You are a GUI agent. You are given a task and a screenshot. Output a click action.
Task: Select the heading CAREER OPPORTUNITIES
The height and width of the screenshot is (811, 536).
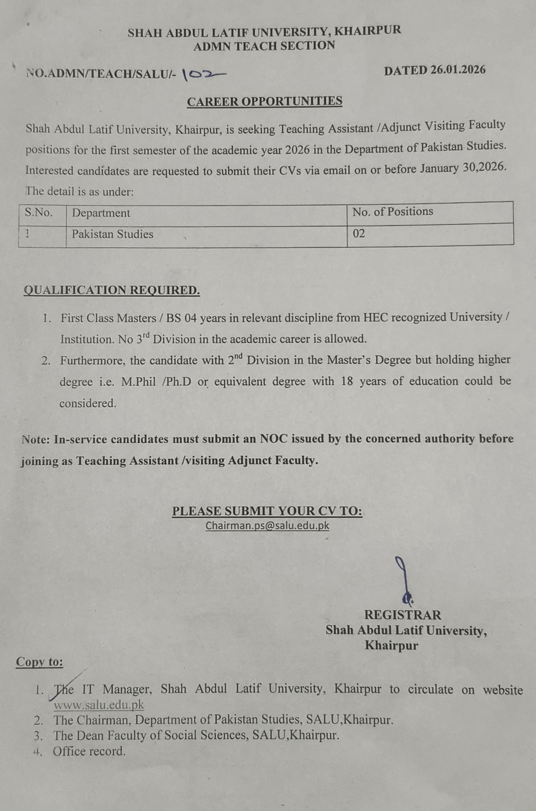point(264,101)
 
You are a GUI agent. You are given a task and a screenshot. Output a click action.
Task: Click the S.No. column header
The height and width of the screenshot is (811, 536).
point(39,213)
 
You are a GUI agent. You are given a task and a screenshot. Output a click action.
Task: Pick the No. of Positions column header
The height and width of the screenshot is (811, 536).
point(392,212)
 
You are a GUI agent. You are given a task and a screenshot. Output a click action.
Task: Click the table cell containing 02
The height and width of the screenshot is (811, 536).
point(359,233)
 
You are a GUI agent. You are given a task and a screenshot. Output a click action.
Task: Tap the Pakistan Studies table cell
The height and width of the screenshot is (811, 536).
point(112,234)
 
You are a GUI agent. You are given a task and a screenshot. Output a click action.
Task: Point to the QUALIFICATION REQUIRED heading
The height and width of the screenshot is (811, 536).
point(112,290)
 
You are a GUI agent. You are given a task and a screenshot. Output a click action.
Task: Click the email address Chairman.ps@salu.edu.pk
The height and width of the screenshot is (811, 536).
point(267,526)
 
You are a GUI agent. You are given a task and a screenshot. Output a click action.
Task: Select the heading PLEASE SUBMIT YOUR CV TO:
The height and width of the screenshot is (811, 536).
point(267,511)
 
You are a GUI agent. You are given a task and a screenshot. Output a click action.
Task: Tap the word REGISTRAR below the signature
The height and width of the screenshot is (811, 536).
point(402,615)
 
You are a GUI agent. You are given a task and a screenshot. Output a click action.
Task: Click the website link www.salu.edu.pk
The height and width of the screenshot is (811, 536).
point(99,705)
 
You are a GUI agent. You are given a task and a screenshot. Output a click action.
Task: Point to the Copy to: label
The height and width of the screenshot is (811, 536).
point(40,662)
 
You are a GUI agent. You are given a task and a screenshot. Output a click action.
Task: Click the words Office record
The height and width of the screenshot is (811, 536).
point(89,751)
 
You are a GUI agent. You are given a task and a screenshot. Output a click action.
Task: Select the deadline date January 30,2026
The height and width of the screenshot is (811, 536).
point(463,168)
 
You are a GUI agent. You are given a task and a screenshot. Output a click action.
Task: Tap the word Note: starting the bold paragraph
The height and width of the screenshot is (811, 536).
point(36,440)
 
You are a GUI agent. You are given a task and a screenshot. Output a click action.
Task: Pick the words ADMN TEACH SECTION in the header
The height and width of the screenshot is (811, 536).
point(264,46)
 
